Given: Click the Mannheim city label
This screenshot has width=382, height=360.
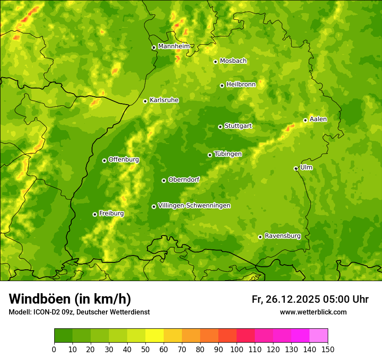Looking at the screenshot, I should click(x=174, y=46).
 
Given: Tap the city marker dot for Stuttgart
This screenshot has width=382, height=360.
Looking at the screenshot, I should click(x=220, y=127).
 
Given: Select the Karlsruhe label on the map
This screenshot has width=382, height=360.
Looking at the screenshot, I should click(x=164, y=100).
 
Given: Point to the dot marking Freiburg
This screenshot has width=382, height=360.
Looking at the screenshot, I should click(x=95, y=214).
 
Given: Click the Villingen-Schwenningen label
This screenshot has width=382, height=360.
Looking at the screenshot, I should click(x=194, y=206).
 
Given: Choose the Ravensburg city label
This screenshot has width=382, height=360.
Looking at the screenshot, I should click(x=282, y=236).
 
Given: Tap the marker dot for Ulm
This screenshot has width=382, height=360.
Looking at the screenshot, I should click(x=296, y=168).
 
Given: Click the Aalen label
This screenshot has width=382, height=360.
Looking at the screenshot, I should click(x=318, y=119).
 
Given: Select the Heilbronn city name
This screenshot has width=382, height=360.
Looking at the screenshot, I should click(x=241, y=85).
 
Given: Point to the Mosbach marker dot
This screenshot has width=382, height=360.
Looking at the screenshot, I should click(x=215, y=62).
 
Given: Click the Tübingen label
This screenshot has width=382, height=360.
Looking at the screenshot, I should click(x=227, y=154).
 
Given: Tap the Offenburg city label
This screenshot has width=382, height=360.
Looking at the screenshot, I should click(x=123, y=160).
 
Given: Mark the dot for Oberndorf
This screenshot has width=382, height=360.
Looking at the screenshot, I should click(x=164, y=180).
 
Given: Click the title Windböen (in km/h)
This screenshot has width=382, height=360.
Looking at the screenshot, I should click(x=70, y=299).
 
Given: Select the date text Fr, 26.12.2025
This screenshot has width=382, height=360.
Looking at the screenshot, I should click(x=286, y=299).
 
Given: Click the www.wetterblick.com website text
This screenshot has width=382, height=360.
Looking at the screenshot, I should click(x=313, y=312).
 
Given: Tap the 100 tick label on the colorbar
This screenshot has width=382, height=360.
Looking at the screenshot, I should click(x=237, y=350).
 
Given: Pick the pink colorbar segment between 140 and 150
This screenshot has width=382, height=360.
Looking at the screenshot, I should click(x=319, y=336).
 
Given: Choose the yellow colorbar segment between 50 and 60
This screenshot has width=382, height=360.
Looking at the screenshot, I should click(x=155, y=336).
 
